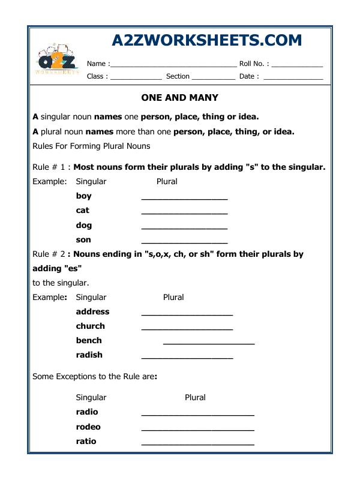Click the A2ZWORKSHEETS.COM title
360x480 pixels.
tap(207, 40)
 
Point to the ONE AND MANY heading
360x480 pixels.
tap(179, 97)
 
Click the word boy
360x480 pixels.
tap(84, 196)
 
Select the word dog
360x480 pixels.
tap(83, 225)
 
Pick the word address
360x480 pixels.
tap(92, 312)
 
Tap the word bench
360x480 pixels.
tap(89, 340)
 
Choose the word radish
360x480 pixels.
tap(89, 355)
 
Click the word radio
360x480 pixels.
tap(86, 412)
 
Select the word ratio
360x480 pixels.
tap(86, 441)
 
